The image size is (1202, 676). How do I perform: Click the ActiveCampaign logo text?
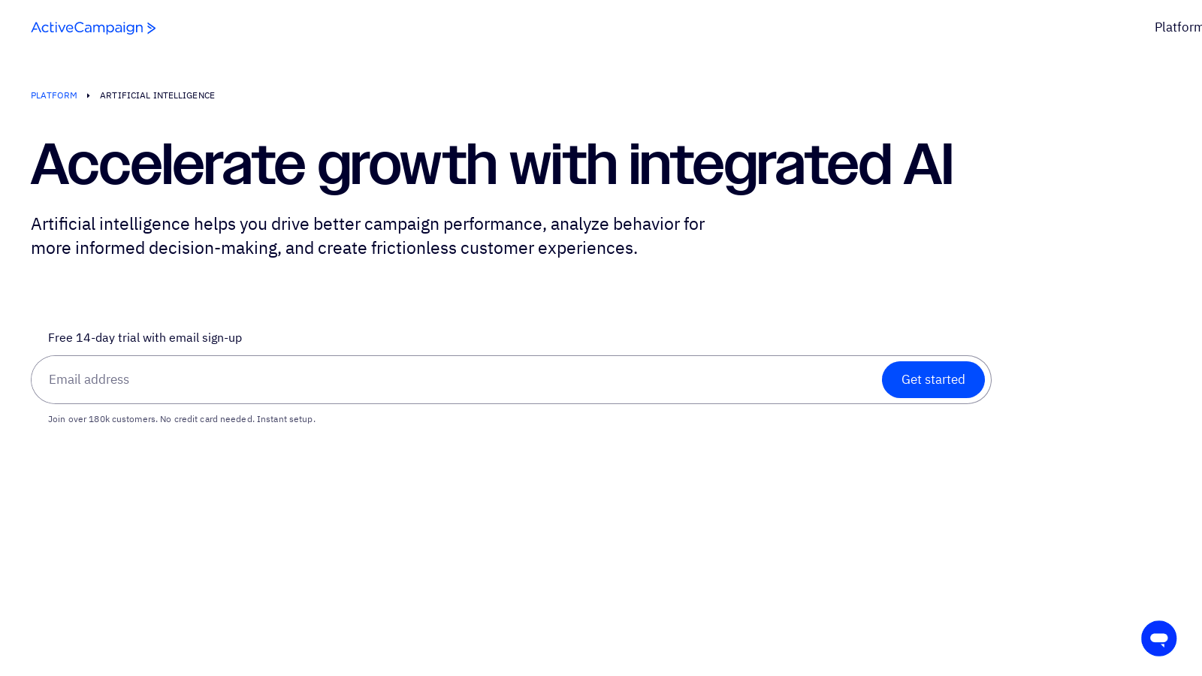pos(86,28)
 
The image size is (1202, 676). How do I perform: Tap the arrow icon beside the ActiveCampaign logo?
pos(151,29)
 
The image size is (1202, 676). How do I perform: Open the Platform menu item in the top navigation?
pos(1177,27)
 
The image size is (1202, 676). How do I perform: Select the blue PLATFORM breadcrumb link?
pos(54,95)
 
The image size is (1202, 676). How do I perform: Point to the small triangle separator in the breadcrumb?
pos(88,95)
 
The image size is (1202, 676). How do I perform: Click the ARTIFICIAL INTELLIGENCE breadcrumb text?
pos(157,95)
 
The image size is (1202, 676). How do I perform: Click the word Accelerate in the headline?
pos(168,164)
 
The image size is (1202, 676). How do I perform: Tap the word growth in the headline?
pos(406,164)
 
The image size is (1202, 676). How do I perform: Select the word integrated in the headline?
pos(760,164)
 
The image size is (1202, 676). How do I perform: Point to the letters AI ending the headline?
pos(928,164)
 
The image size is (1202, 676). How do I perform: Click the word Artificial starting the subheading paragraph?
pos(63,224)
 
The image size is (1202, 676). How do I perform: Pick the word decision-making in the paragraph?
pos(214,248)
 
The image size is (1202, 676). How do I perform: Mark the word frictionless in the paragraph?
pos(414,248)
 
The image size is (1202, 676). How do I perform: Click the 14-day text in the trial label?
pos(95,338)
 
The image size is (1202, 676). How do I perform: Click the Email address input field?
pos(451,380)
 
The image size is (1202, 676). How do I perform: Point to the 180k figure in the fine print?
pos(99,419)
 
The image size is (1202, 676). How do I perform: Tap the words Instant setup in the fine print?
pos(285,419)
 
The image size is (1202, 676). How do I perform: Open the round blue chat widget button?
pos(1158,638)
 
